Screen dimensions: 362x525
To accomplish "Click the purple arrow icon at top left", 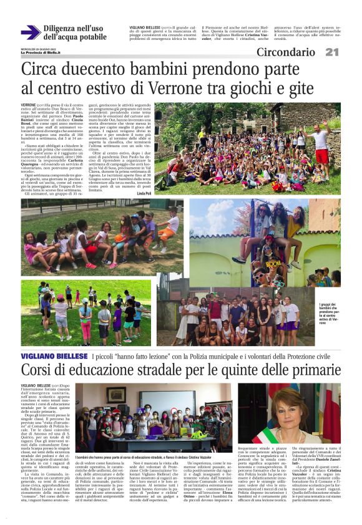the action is pos(31,32).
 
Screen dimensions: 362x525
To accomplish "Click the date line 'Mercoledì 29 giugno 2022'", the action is pos(39,48).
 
